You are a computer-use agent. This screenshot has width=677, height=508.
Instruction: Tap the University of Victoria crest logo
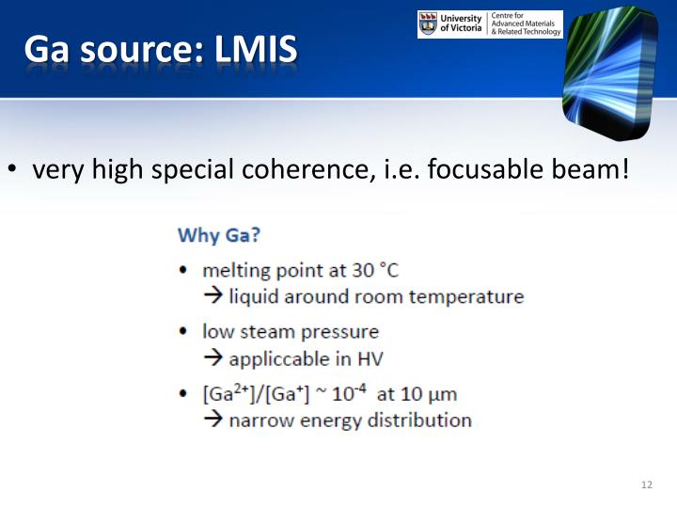(x=428, y=24)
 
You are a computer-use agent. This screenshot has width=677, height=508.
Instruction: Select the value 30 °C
(x=376, y=271)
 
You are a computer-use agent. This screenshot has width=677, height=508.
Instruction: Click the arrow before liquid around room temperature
(x=213, y=297)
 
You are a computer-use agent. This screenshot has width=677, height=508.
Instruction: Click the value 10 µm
(x=430, y=394)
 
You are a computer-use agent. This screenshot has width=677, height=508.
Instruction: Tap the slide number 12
(x=646, y=484)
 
